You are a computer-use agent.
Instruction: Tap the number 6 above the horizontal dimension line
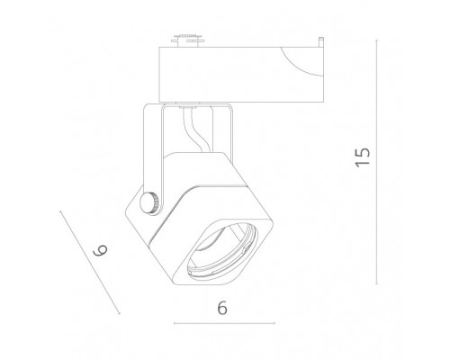[x=222, y=306]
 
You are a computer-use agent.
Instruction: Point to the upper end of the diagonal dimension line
[x=58, y=212]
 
